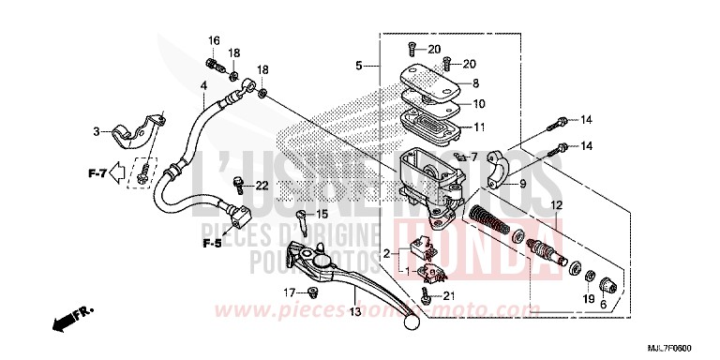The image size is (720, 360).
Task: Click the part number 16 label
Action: [214, 40]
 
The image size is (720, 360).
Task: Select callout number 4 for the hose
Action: [202, 86]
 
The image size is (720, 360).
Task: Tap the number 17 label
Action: [292, 292]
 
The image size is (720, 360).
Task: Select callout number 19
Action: [588, 299]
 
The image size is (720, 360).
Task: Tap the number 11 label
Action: [478, 128]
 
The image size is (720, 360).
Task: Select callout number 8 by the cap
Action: [475, 83]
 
